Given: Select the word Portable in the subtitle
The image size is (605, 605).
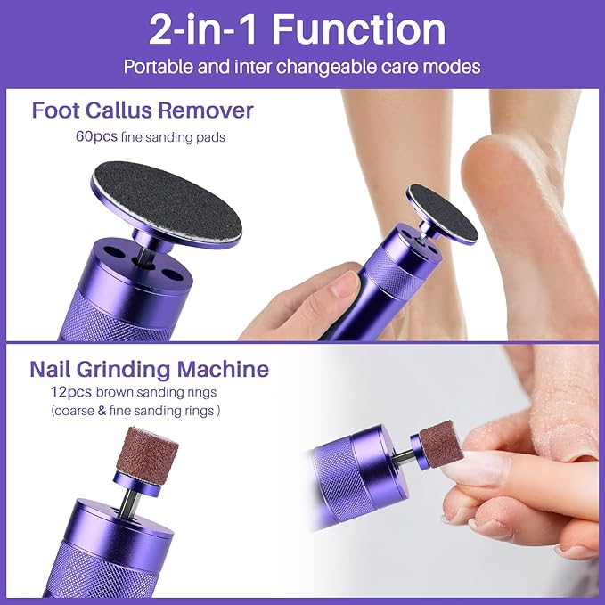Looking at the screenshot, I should point(154,67).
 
